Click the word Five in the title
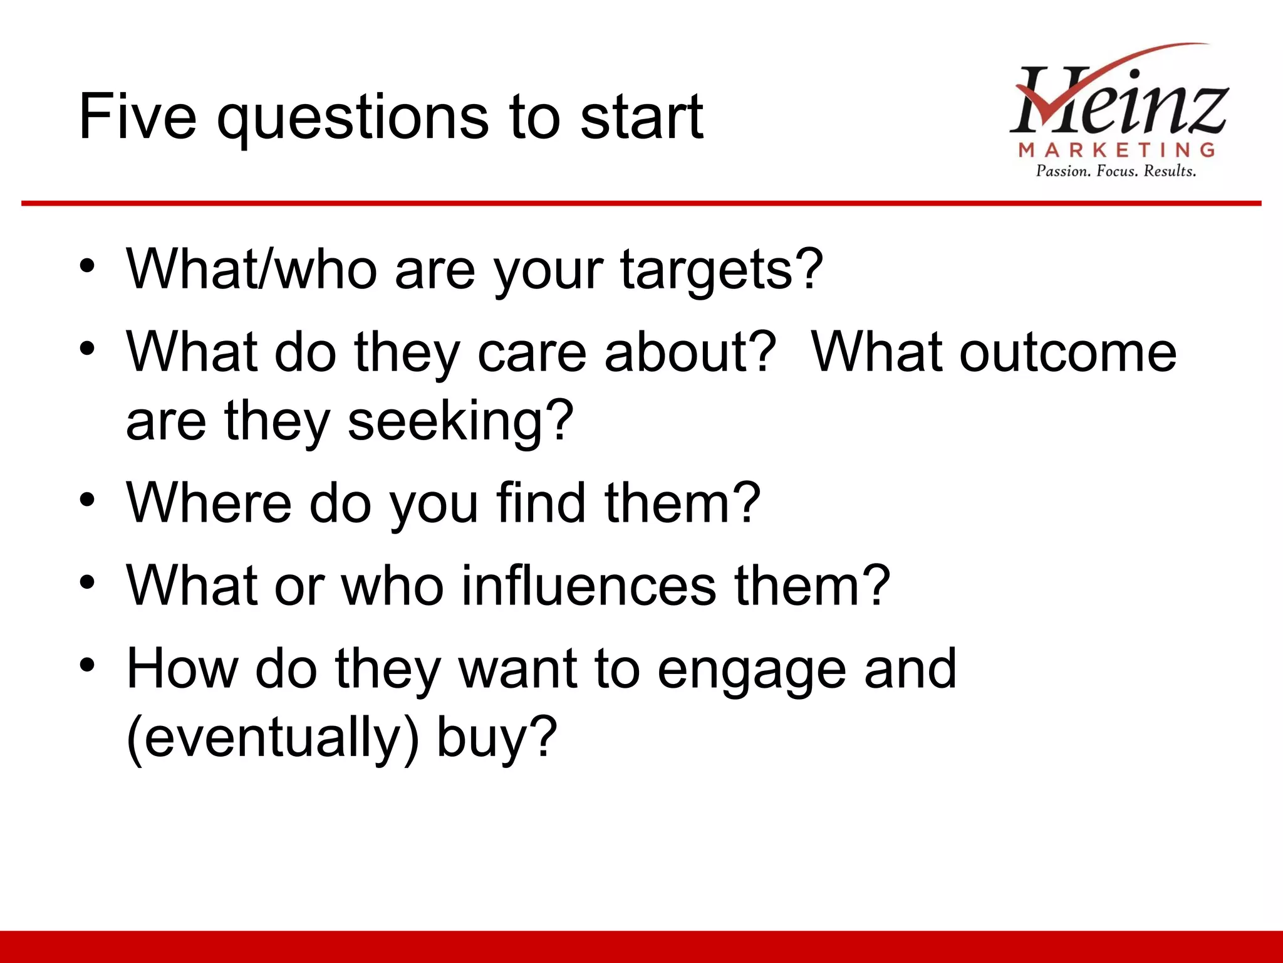137,117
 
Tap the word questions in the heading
353,119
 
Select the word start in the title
641,117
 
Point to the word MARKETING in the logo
1116,150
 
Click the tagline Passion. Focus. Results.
1116,171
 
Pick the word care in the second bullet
531,353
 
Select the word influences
589,586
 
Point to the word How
182,669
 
